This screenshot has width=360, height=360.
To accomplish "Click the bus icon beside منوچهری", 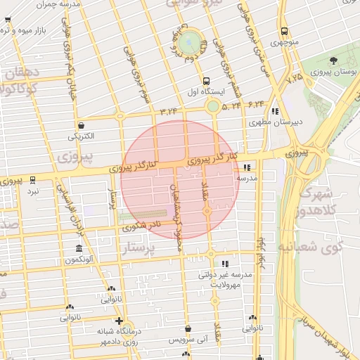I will tap(284, 31).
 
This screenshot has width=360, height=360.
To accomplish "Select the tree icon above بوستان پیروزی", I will tap(333, 60).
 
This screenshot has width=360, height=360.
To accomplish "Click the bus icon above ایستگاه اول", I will tap(205, 81).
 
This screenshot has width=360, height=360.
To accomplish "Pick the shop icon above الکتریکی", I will tap(82, 124).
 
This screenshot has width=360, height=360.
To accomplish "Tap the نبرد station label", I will tap(33, 191).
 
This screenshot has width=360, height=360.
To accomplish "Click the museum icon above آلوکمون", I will tap(78, 250).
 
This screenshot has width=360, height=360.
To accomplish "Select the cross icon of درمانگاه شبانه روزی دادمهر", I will tap(119, 321).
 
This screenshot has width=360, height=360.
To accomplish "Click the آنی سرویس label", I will tap(188, 340).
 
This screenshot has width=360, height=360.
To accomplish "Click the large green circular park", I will tap(188, 43).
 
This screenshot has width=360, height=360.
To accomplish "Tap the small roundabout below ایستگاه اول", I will tap(212, 107).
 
